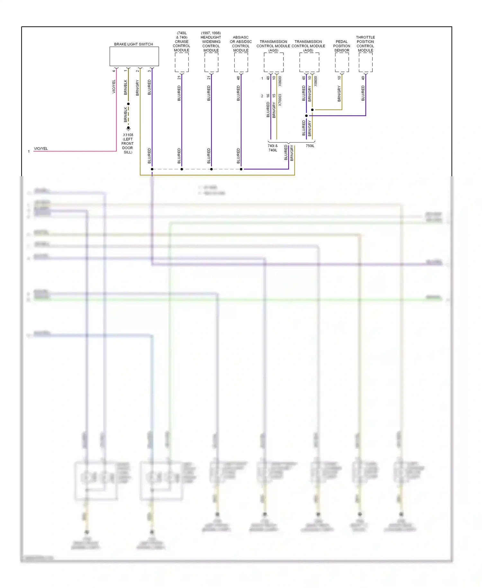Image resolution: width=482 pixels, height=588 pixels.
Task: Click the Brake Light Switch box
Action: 134,56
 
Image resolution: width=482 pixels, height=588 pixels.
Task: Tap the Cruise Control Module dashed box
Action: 182,62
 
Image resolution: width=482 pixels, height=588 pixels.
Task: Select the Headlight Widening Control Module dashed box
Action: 211,62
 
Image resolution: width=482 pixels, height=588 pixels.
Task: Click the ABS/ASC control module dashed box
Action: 241,62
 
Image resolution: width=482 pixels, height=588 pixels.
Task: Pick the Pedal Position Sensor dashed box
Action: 342,62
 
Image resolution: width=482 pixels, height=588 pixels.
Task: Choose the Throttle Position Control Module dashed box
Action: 365,62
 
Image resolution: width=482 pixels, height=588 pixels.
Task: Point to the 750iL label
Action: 310,146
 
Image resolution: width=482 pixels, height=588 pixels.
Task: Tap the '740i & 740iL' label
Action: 272,148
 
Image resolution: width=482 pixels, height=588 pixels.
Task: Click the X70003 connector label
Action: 280,100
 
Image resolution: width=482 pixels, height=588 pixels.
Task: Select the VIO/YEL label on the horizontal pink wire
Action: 41,149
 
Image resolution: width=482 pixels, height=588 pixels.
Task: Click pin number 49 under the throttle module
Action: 363,78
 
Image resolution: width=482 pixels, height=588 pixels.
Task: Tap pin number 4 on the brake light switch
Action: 114,71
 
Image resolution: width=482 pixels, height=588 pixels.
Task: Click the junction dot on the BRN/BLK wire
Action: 128,104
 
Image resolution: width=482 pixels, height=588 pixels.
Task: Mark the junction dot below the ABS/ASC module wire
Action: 241,169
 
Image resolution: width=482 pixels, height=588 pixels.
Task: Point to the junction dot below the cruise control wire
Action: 182,169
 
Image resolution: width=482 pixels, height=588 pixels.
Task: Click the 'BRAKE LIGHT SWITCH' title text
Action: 133,44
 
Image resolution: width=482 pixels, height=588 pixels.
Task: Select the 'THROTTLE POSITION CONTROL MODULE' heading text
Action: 365,44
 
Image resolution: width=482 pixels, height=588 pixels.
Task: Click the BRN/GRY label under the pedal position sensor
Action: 339,94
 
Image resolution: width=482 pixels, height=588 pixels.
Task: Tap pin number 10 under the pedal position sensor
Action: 339,78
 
